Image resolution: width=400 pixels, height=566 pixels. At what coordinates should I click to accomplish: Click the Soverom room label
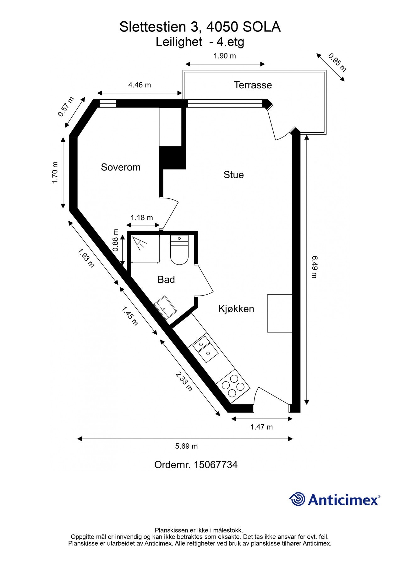[x=120, y=167]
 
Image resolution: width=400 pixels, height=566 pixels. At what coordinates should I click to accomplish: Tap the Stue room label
[x=233, y=175]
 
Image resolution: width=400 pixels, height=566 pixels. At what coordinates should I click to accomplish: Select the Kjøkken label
[x=236, y=309]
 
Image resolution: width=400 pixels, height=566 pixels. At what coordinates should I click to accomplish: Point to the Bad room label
[x=166, y=280]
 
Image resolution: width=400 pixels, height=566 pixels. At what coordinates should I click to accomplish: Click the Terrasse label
[x=253, y=85]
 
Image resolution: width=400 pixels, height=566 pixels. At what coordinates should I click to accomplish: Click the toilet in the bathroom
[x=179, y=250]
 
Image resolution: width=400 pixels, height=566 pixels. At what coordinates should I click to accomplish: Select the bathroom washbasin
[x=165, y=308]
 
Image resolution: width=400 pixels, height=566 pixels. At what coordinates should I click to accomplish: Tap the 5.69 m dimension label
[x=186, y=446]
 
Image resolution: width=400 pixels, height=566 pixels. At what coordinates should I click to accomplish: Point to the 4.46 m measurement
[x=140, y=85]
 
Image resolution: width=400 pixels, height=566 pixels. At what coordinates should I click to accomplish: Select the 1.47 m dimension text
[x=261, y=427]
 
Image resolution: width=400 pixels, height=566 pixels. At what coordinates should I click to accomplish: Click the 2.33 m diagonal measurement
[x=184, y=381]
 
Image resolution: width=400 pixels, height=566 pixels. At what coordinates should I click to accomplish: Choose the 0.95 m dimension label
[x=337, y=62]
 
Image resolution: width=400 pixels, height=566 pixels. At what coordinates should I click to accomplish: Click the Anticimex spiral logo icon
[x=297, y=499]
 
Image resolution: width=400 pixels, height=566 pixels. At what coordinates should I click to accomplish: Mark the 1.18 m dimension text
[x=142, y=218]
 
